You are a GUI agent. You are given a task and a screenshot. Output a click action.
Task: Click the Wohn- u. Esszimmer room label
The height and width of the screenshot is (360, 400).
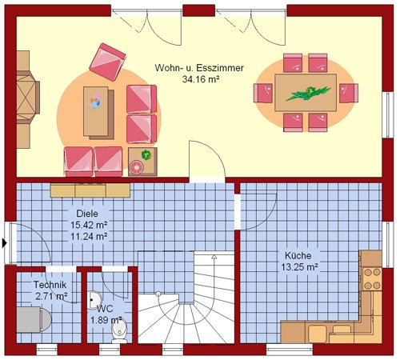pyautogui.click(x=199, y=68)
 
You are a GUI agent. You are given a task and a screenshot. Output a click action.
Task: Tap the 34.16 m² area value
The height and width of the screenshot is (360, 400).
pyautogui.click(x=201, y=79)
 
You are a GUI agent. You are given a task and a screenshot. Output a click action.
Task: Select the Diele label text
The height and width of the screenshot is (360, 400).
pyautogui.click(x=87, y=214)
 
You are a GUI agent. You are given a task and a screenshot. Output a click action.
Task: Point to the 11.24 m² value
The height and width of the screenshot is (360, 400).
pyautogui.click(x=89, y=236)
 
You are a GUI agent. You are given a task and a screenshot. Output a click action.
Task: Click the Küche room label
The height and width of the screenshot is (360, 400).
pyautogui.click(x=298, y=255)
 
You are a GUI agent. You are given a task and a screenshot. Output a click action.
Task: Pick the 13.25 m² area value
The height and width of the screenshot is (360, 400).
pyautogui.click(x=300, y=267)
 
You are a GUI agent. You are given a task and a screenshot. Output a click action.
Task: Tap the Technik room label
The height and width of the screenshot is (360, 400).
pyautogui.click(x=50, y=285)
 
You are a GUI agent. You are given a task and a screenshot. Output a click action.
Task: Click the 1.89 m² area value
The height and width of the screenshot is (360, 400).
pyautogui.click(x=106, y=320)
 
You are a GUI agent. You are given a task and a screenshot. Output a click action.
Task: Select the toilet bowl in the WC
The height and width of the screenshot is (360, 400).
pyautogui.click(x=119, y=331)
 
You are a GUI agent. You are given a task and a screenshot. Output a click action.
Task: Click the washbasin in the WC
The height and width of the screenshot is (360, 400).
pyautogui.click(x=93, y=300)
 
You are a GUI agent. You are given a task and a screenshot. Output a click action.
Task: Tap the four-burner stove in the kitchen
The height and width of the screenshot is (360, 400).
pyautogui.click(x=372, y=279)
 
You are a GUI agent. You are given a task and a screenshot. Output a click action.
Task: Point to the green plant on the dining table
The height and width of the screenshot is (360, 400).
pyautogui.click(x=308, y=93)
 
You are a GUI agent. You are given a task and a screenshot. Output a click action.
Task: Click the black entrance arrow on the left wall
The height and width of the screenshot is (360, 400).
pyautogui.click(x=4, y=243)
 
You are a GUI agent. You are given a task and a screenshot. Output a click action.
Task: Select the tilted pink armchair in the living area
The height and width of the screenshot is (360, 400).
pyautogui.click(x=107, y=62)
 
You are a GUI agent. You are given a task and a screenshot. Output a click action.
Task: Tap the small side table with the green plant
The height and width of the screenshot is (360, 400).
pyautogui.click(x=142, y=162)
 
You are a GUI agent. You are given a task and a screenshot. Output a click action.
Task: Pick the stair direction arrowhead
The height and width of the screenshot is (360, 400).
pyautogui.click(x=214, y=257)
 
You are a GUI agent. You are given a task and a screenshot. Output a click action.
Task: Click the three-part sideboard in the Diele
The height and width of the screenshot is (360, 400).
pyautogui.click(x=90, y=190)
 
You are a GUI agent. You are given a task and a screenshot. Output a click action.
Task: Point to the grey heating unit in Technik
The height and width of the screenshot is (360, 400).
pyautogui.click(x=34, y=319)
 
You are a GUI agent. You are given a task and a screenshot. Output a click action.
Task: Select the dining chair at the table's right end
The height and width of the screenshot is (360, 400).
pyautogui.click(x=349, y=93)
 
